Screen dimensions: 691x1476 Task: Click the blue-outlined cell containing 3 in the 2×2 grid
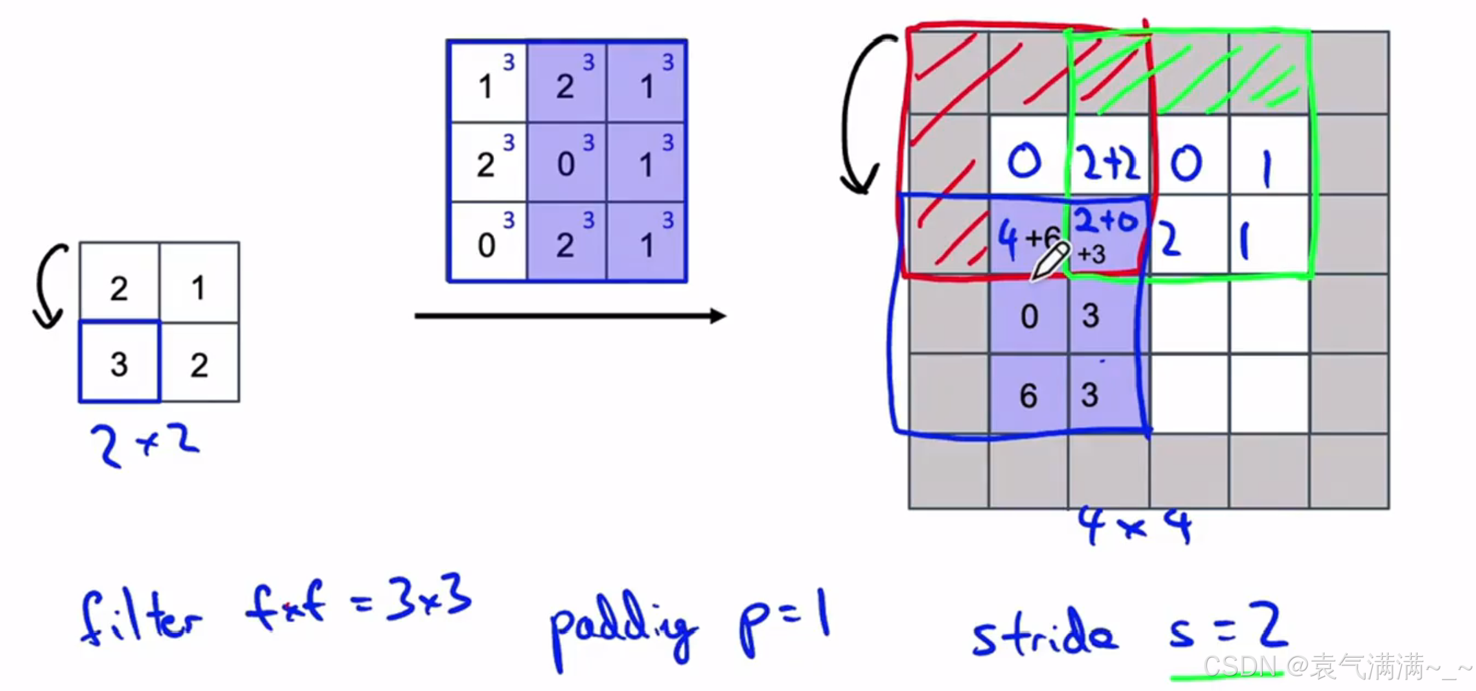point(119,362)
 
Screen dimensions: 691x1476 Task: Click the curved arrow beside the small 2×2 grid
point(50,286)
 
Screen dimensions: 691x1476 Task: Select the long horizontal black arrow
point(569,316)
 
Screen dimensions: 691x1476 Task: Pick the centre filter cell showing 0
point(567,162)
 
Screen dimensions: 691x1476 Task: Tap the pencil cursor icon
point(1050,261)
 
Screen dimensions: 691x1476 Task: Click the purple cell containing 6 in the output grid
point(1029,394)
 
